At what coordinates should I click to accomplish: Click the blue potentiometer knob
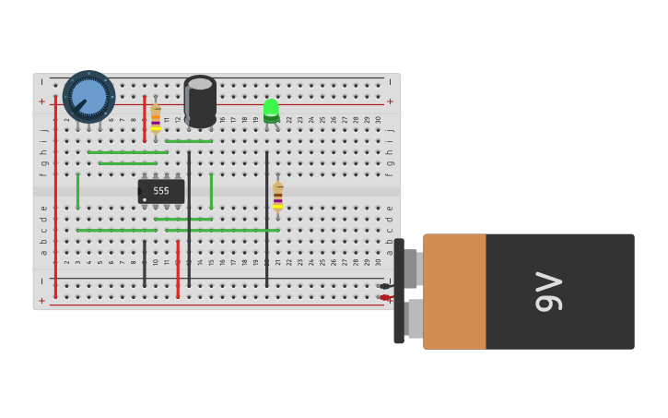pos(88,96)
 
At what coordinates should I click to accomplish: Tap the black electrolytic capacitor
pos(200,102)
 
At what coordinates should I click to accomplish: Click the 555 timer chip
pos(161,191)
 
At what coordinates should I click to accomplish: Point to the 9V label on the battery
pos(549,292)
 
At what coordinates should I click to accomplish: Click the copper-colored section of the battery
pos(454,292)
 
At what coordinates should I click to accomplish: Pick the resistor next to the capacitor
pos(156,117)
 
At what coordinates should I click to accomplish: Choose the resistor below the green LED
pos(277,196)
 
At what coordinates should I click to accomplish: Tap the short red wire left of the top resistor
pos(144,117)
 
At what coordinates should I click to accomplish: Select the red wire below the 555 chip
pos(178,269)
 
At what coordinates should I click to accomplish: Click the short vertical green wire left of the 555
pos(77,190)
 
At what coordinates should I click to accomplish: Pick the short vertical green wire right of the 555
pos(211,190)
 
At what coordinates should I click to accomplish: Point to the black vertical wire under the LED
pos(267,218)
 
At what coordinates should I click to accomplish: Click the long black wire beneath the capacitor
pos(189,218)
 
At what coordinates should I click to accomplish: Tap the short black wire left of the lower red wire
pos(145,263)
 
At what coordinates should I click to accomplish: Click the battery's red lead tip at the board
pos(384,297)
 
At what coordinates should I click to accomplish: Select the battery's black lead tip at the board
pos(384,286)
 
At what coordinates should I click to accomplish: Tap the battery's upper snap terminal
pos(411,269)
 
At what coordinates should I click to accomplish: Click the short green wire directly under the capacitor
pos(189,141)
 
